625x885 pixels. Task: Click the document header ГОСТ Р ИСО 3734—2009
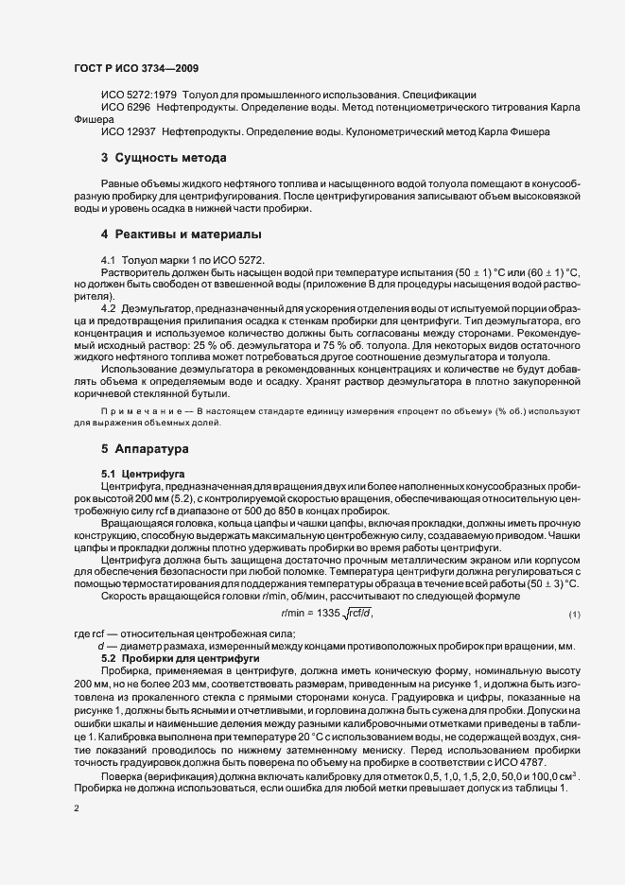(x=134, y=69)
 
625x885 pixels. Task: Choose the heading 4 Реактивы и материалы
(x=181, y=233)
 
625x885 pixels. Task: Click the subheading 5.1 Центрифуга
(x=142, y=471)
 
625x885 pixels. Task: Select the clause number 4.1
(x=107, y=259)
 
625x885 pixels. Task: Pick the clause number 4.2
(x=107, y=308)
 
